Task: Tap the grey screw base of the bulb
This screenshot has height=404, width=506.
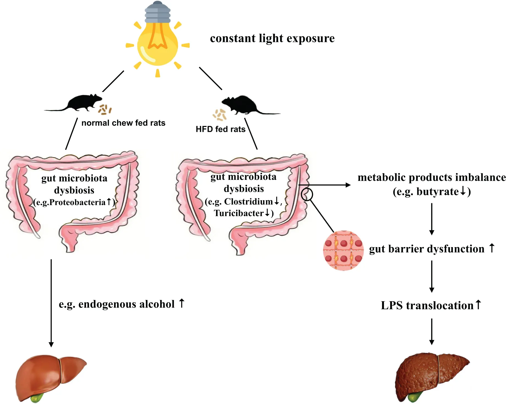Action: tap(157, 12)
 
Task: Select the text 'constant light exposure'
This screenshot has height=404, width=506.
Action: tap(272, 38)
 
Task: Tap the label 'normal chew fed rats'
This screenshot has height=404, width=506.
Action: tap(123, 123)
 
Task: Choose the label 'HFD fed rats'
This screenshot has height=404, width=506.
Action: tap(220, 129)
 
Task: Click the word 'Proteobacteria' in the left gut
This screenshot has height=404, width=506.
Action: tap(78, 202)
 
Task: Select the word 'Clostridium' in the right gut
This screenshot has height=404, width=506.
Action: tap(248, 202)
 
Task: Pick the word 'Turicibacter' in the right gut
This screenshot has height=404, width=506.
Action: tap(239, 213)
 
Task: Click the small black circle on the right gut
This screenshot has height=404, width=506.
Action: tap(307, 194)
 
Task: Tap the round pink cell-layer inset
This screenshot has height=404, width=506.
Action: tap(343, 250)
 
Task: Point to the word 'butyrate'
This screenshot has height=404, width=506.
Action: tap(438, 191)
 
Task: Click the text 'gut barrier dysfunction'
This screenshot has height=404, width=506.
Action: tap(427, 249)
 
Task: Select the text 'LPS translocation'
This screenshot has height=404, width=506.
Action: tap(427, 305)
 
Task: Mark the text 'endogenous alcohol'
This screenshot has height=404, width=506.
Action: tap(126, 304)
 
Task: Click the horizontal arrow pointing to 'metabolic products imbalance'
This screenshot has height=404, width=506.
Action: tap(324, 185)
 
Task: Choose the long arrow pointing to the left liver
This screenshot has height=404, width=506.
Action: tap(51, 302)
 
